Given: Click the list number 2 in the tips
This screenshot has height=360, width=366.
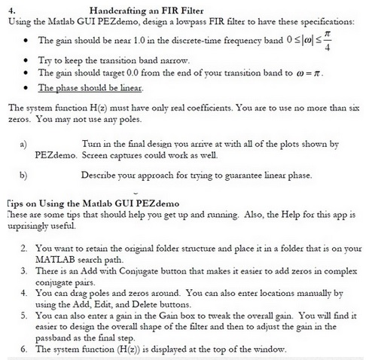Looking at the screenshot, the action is (25, 247).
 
